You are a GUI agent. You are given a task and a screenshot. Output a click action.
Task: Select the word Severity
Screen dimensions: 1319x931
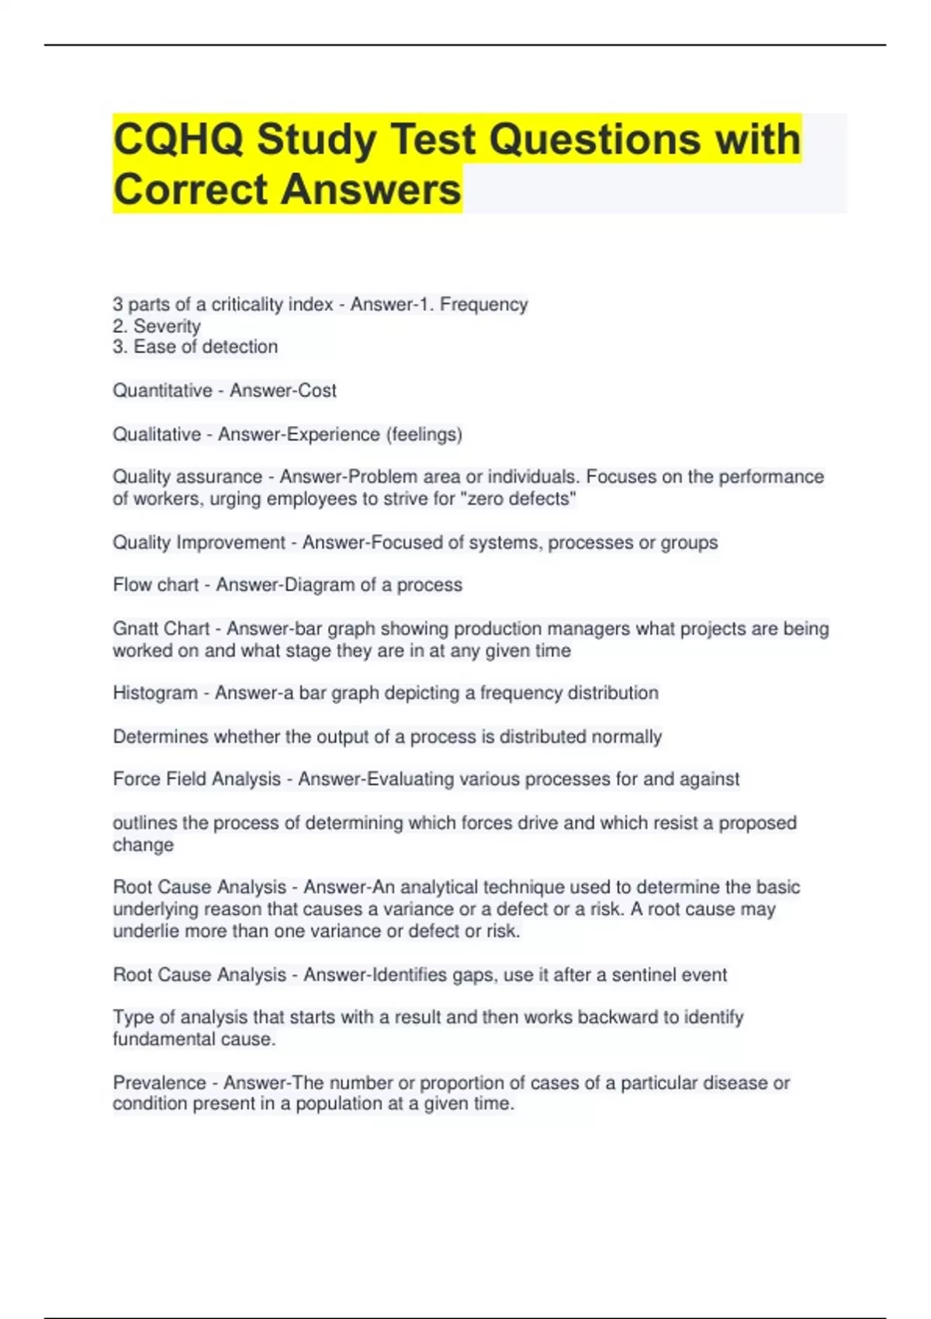tap(167, 326)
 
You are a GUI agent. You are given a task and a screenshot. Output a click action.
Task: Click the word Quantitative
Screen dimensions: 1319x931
tap(162, 390)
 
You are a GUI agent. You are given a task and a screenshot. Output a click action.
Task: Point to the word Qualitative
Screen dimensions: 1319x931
tap(157, 434)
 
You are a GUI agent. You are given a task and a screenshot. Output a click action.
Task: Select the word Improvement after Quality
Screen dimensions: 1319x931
tap(230, 542)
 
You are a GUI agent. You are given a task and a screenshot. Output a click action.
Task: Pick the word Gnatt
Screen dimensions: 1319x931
tap(134, 628)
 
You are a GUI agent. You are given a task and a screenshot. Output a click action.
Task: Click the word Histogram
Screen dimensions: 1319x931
tap(155, 692)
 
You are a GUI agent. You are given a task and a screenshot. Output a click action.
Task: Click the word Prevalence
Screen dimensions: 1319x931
tap(160, 1082)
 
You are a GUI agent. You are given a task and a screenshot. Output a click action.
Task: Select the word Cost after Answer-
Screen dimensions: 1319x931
tap(317, 390)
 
